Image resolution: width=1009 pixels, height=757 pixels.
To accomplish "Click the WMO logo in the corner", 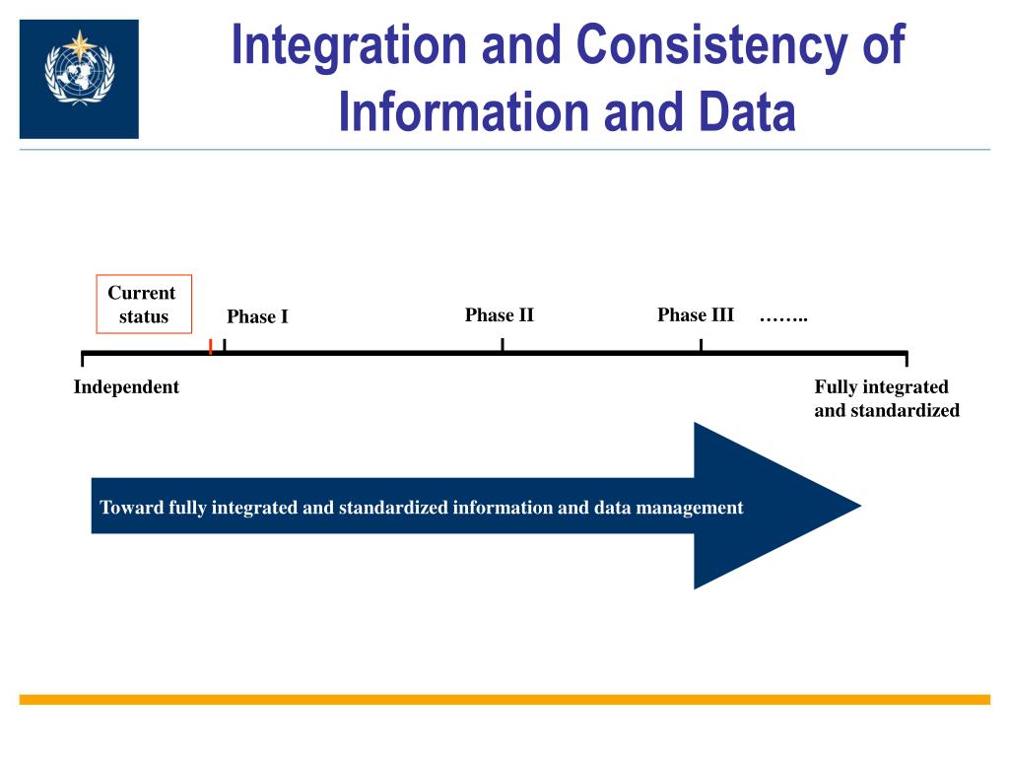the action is (79, 79).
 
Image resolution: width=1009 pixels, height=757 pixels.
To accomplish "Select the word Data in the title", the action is (743, 111).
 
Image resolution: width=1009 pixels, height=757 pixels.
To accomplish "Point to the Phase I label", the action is (257, 316).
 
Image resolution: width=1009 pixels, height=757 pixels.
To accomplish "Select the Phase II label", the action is (500, 315).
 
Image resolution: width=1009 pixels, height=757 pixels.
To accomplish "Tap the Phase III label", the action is (696, 315).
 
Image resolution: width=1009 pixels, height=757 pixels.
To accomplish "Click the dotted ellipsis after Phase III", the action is (783, 317).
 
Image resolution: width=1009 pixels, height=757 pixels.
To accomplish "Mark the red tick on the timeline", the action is (211, 346).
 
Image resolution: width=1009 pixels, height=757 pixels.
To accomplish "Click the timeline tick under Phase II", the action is (503, 345).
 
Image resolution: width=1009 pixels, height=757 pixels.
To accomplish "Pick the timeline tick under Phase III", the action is (701, 345).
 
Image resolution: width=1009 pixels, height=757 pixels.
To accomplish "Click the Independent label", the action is (126, 387).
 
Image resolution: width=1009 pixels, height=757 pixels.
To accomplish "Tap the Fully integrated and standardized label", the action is (886, 398).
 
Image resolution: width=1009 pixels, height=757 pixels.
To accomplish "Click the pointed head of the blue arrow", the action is (788, 506).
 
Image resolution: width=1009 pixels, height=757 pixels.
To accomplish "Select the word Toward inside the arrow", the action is (132, 508).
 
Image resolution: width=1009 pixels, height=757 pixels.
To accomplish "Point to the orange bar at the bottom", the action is (504, 699).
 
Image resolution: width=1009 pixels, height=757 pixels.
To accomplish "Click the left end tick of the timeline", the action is (83, 358).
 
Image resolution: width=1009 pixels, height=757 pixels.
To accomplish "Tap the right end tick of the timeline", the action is (906, 358).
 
